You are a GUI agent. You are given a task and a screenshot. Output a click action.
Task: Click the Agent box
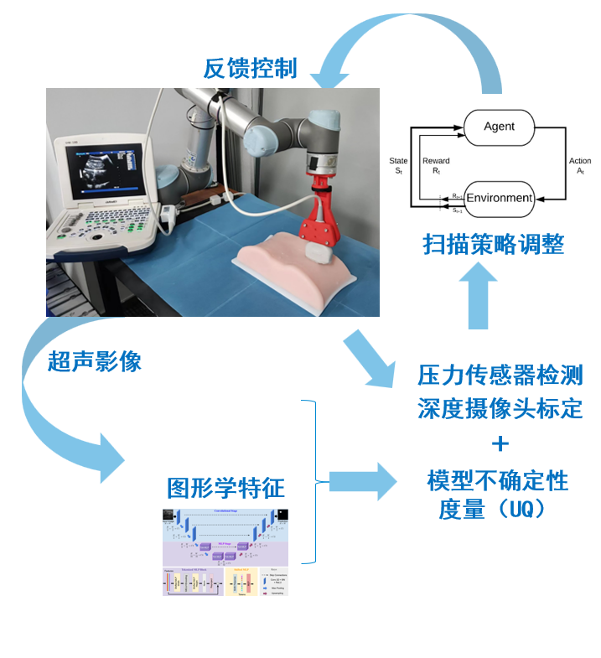(x=499, y=127)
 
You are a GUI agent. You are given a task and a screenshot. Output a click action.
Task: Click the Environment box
(x=499, y=199)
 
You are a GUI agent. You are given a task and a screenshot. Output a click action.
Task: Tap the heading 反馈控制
(x=250, y=68)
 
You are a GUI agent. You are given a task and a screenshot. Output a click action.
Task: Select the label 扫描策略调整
(x=493, y=244)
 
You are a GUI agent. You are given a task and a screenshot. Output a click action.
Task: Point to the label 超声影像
(x=94, y=361)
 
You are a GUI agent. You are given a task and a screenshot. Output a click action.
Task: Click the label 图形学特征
(x=225, y=487)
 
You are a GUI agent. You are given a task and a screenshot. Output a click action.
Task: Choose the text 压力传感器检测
(x=500, y=374)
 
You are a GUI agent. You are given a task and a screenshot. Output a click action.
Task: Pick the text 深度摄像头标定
(x=500, y=409)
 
